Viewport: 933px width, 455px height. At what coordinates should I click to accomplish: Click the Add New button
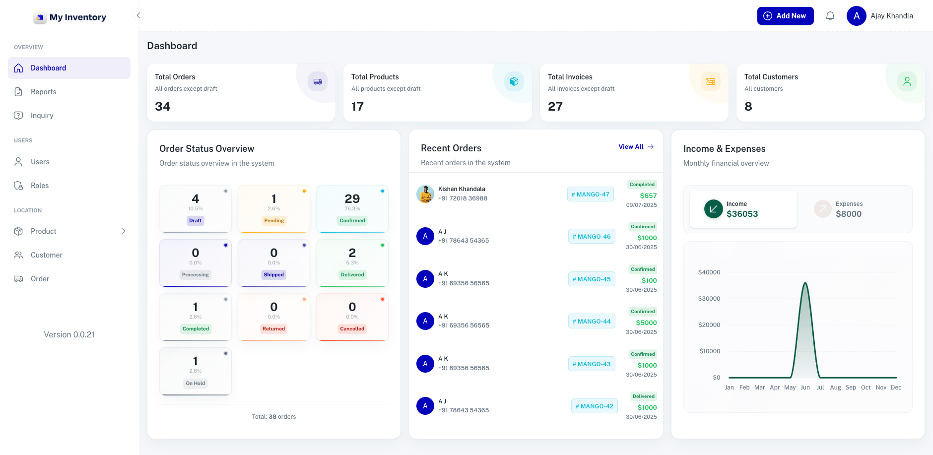coord(785,16)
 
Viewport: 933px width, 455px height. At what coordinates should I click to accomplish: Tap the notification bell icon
coord(830,16)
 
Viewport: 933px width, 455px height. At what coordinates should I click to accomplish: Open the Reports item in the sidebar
coord(44,92)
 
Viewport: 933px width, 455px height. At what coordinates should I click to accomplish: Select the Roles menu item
coord(40,186)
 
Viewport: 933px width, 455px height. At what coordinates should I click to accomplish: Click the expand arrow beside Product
coord(124,231)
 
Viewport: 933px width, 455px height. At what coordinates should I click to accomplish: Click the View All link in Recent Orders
coord(636,147)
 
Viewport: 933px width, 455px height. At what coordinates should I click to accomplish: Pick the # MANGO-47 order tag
coord(590,195)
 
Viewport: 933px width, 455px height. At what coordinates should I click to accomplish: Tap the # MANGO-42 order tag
coord(594,406)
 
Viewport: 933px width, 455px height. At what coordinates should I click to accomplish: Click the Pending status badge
coord(274,221)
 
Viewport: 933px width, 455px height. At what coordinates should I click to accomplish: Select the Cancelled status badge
coord(352,329)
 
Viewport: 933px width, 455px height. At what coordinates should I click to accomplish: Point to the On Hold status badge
coord(196,383)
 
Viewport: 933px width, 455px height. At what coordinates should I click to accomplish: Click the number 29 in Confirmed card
coord(352,199)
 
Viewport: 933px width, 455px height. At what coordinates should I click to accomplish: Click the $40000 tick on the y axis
coord(709,272)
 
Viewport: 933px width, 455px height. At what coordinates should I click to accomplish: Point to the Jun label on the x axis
coord(805,388)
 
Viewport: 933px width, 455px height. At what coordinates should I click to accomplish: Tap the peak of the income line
coord(805,283)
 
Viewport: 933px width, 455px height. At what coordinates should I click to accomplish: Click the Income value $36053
coord(742,214)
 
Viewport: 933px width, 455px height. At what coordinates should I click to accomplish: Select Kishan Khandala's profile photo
coord(425,194)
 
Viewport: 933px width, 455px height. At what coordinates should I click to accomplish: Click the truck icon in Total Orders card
coord(318,81)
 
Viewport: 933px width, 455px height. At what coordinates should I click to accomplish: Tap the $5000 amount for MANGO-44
coord(646,323)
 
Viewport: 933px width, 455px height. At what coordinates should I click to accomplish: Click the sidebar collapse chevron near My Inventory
coord(138,15)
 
